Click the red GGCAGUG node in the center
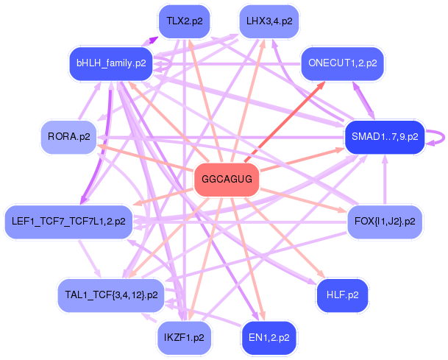click(x=227, y=180)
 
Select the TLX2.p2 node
click(x=185, y=21)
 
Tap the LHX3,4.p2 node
click(x=269, y=21)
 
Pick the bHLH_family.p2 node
click(x=111, y=63)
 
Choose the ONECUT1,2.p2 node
click(x=343, y=63)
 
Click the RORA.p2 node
click(x=69, y=137)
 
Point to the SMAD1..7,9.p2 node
click(x=385, y=137)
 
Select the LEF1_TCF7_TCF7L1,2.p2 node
click(x=68, y=222)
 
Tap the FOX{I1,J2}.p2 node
click(x=385, y=222)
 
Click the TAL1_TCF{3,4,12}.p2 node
click(x=111, y=295)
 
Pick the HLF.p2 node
click(x=343, y=295)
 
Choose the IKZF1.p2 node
click(x=185, y=338)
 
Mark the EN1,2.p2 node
click(x=269, y=338)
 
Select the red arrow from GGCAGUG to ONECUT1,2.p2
click(x=285, y=121)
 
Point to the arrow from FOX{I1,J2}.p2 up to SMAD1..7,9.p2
click(x=385, y=180)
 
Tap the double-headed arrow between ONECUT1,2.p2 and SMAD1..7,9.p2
click(x=363, y=100)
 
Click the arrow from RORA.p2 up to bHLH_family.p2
click(x=89, y=100)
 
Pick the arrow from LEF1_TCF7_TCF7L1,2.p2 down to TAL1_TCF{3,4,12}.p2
click(x=90, y=258)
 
